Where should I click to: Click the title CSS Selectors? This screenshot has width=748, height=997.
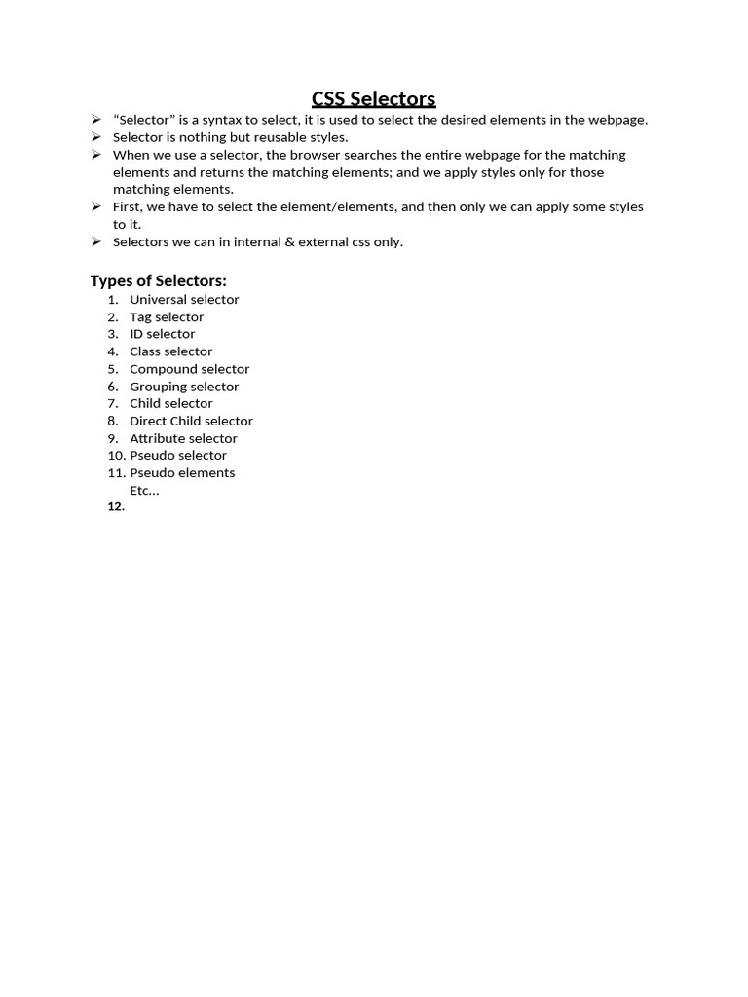pos(373,98)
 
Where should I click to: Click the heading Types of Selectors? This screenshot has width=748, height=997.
pos(159,280)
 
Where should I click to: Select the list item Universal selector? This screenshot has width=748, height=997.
pos(184,300)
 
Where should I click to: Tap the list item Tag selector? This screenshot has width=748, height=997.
pos(167,317)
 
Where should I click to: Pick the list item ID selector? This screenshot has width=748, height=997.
pos(162,334)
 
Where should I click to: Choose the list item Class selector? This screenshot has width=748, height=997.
pos(170,351)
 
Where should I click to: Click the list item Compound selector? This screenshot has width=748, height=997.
pos(189,369)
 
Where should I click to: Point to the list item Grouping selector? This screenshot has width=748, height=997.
pos(184,387)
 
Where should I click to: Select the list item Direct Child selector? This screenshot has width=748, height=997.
pos(191,421)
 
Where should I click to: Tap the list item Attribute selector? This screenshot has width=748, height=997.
pos(183,438)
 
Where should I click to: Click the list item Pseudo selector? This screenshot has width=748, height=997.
pos(178,455)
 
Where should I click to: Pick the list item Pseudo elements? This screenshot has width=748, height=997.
pos(182,472)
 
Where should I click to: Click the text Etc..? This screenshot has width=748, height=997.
pos(143,490)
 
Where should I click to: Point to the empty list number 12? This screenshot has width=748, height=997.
pos(116,507)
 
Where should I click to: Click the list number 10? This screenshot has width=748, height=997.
pos(116,455)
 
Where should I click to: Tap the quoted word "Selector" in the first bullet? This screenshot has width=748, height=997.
pos(142,120)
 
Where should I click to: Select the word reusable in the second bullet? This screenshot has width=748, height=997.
pos(280,137)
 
